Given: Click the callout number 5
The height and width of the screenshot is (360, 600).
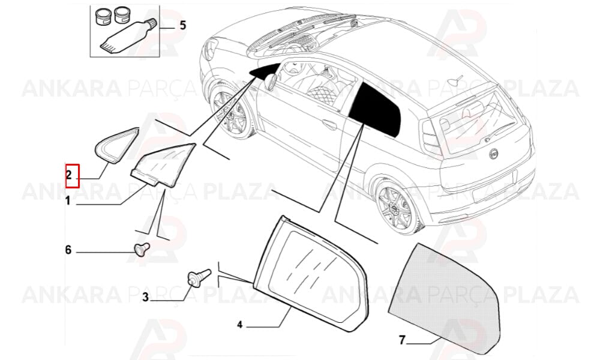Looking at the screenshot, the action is tap(183, 25).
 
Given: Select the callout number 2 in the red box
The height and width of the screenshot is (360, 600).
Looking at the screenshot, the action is tap(69, 176).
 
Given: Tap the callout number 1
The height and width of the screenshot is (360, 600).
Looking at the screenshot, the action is tap(67, 200).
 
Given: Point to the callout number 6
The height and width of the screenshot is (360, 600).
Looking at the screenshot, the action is tap(68, 250).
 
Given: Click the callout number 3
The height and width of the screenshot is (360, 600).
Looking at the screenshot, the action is tap(145, 297).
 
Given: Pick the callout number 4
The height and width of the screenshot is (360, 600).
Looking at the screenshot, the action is tap(240, 325).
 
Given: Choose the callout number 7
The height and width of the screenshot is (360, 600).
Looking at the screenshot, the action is tap(402, 340).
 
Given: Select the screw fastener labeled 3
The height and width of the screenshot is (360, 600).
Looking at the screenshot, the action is tap(199, 277).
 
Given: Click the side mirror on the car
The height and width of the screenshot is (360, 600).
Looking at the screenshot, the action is tap(271, 82).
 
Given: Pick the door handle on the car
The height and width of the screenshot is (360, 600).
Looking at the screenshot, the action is tap(329, 125).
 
